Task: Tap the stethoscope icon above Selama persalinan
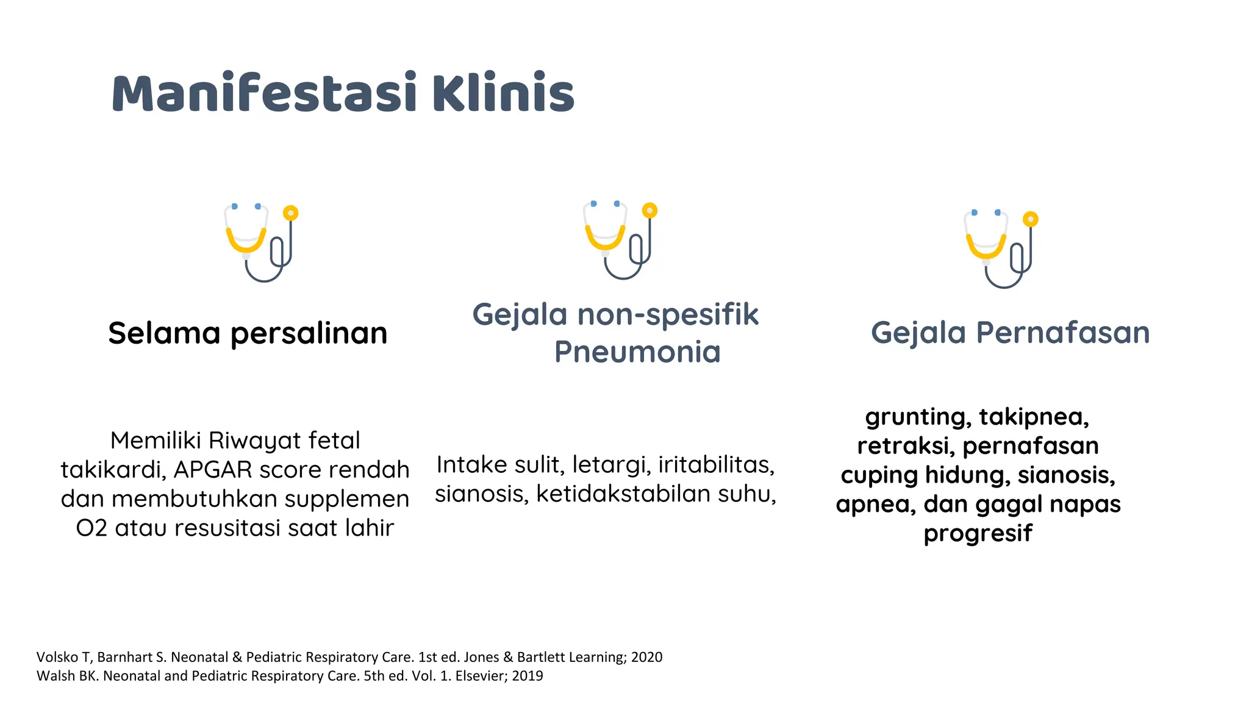click(x=261, y=243)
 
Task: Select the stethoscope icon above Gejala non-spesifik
click(x=620, y=240)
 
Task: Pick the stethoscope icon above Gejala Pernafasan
click(x=1001, y=249)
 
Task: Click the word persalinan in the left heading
click(x=309, y=333)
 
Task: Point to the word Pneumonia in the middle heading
click(x=637, y=352)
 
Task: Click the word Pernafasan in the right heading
click(x=1062, y=333)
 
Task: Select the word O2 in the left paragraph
click(x=91, y=528)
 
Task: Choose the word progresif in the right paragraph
click(x=978, y=533)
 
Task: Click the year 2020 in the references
click(x=646, y=657)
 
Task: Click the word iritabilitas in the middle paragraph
click(x=716, y=465)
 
